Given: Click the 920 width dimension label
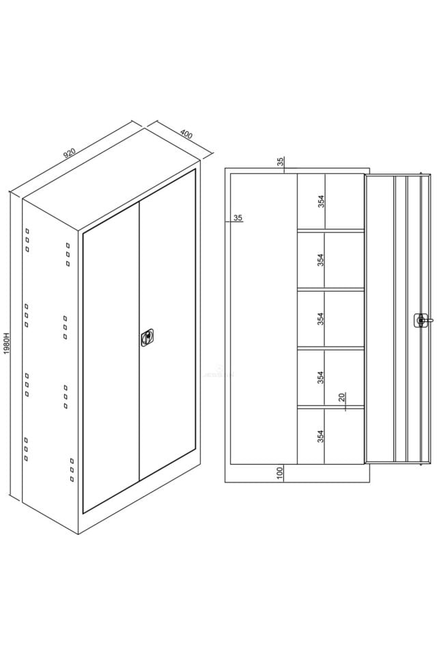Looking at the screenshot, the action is pyautogui.click(x=69, y=154).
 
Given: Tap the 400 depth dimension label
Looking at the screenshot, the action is pyautogui.click(x=186, y=135).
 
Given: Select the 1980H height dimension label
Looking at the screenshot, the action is pyautogui.click(x=6, y=343).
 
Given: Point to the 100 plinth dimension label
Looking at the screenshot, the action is pyautogui.click(x=280, y=473).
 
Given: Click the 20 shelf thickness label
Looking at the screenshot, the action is pyautogui.click(x=341, y=397).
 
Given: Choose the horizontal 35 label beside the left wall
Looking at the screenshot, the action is pyautogui.click(x=238, y=218).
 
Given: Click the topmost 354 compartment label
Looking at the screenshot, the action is pyautogui.click(x=321, y=201).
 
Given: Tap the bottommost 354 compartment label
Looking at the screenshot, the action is pyautogui.click(x=321, y=436).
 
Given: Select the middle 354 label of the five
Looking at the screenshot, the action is pyautogui.click(x=321, y=319).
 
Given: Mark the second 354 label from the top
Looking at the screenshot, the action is pyautogui.click(x=321, y=260).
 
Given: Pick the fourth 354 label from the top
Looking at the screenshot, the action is pyautogui.click(x=321, y=377).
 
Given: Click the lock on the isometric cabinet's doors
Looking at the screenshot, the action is pyautogui.click(x=147, y=338).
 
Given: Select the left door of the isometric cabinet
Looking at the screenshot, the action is pyautogui.click(x=111, y=358).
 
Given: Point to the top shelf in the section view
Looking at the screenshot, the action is pyautogui.click(x=330, y=230).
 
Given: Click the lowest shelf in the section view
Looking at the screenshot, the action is pyautogui.click(x=330, y=406).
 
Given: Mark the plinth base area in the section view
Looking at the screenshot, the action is pyautogui.click(x=297, y=474).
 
